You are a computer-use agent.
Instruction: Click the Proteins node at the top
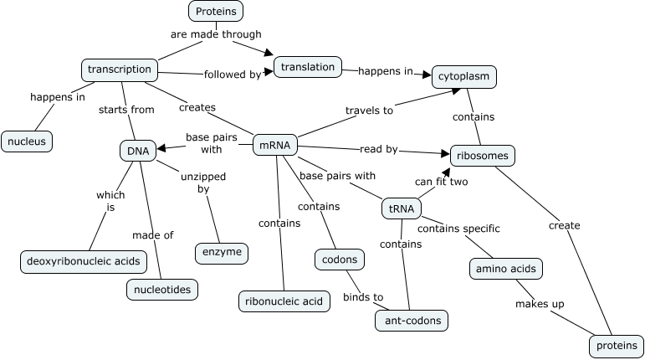[x=216, y=11]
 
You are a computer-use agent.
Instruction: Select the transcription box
[x=119, y=69]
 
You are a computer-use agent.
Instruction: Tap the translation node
[x=308, y=67]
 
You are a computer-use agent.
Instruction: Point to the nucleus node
[x=27, y=141]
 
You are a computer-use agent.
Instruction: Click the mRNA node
[x=275, y=145]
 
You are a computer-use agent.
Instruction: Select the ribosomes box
[x=483, y=156]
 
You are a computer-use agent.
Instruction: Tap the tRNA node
[x=402, y=208]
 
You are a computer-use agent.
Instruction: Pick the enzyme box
[x=221, y=252]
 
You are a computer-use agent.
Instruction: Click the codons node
[x=340, y=260]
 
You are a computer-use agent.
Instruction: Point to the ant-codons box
[x=412, y=320]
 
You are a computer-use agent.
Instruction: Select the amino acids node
[x=505, y=269]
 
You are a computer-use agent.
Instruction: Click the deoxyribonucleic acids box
[x=83, y=262]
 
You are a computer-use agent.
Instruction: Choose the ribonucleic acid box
[x=282, y=301]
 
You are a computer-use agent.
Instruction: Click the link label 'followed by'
[x=233, y=75]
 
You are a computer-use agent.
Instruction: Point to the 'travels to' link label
[x=369, y=110]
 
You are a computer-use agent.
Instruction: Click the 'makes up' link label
[x=540, y=304]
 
